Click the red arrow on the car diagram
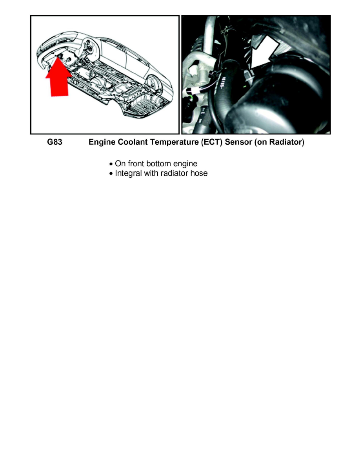[58, 80]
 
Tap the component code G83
[55, 142]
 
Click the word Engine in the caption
[102, 142]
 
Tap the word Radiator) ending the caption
[287, 142]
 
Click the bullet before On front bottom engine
[111, 164]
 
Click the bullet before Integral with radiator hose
[111, 173]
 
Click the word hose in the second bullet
[199, 173]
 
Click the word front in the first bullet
[135, 164]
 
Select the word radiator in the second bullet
[175, 173]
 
